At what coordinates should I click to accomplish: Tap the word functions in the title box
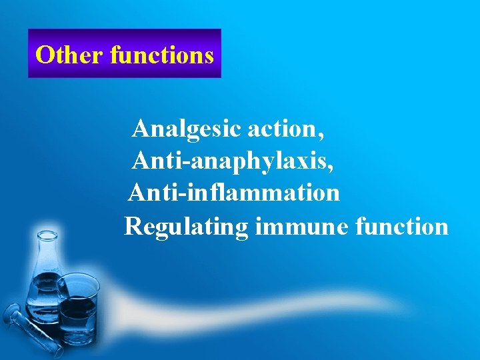pos(161,54)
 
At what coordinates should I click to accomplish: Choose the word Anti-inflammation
pos(234,193)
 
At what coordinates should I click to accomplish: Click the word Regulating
pos(186,227)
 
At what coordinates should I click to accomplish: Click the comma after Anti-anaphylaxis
pos(331,166)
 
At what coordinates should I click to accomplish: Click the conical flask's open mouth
pos(47,235)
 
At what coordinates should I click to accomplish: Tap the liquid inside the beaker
pos(78,311)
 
